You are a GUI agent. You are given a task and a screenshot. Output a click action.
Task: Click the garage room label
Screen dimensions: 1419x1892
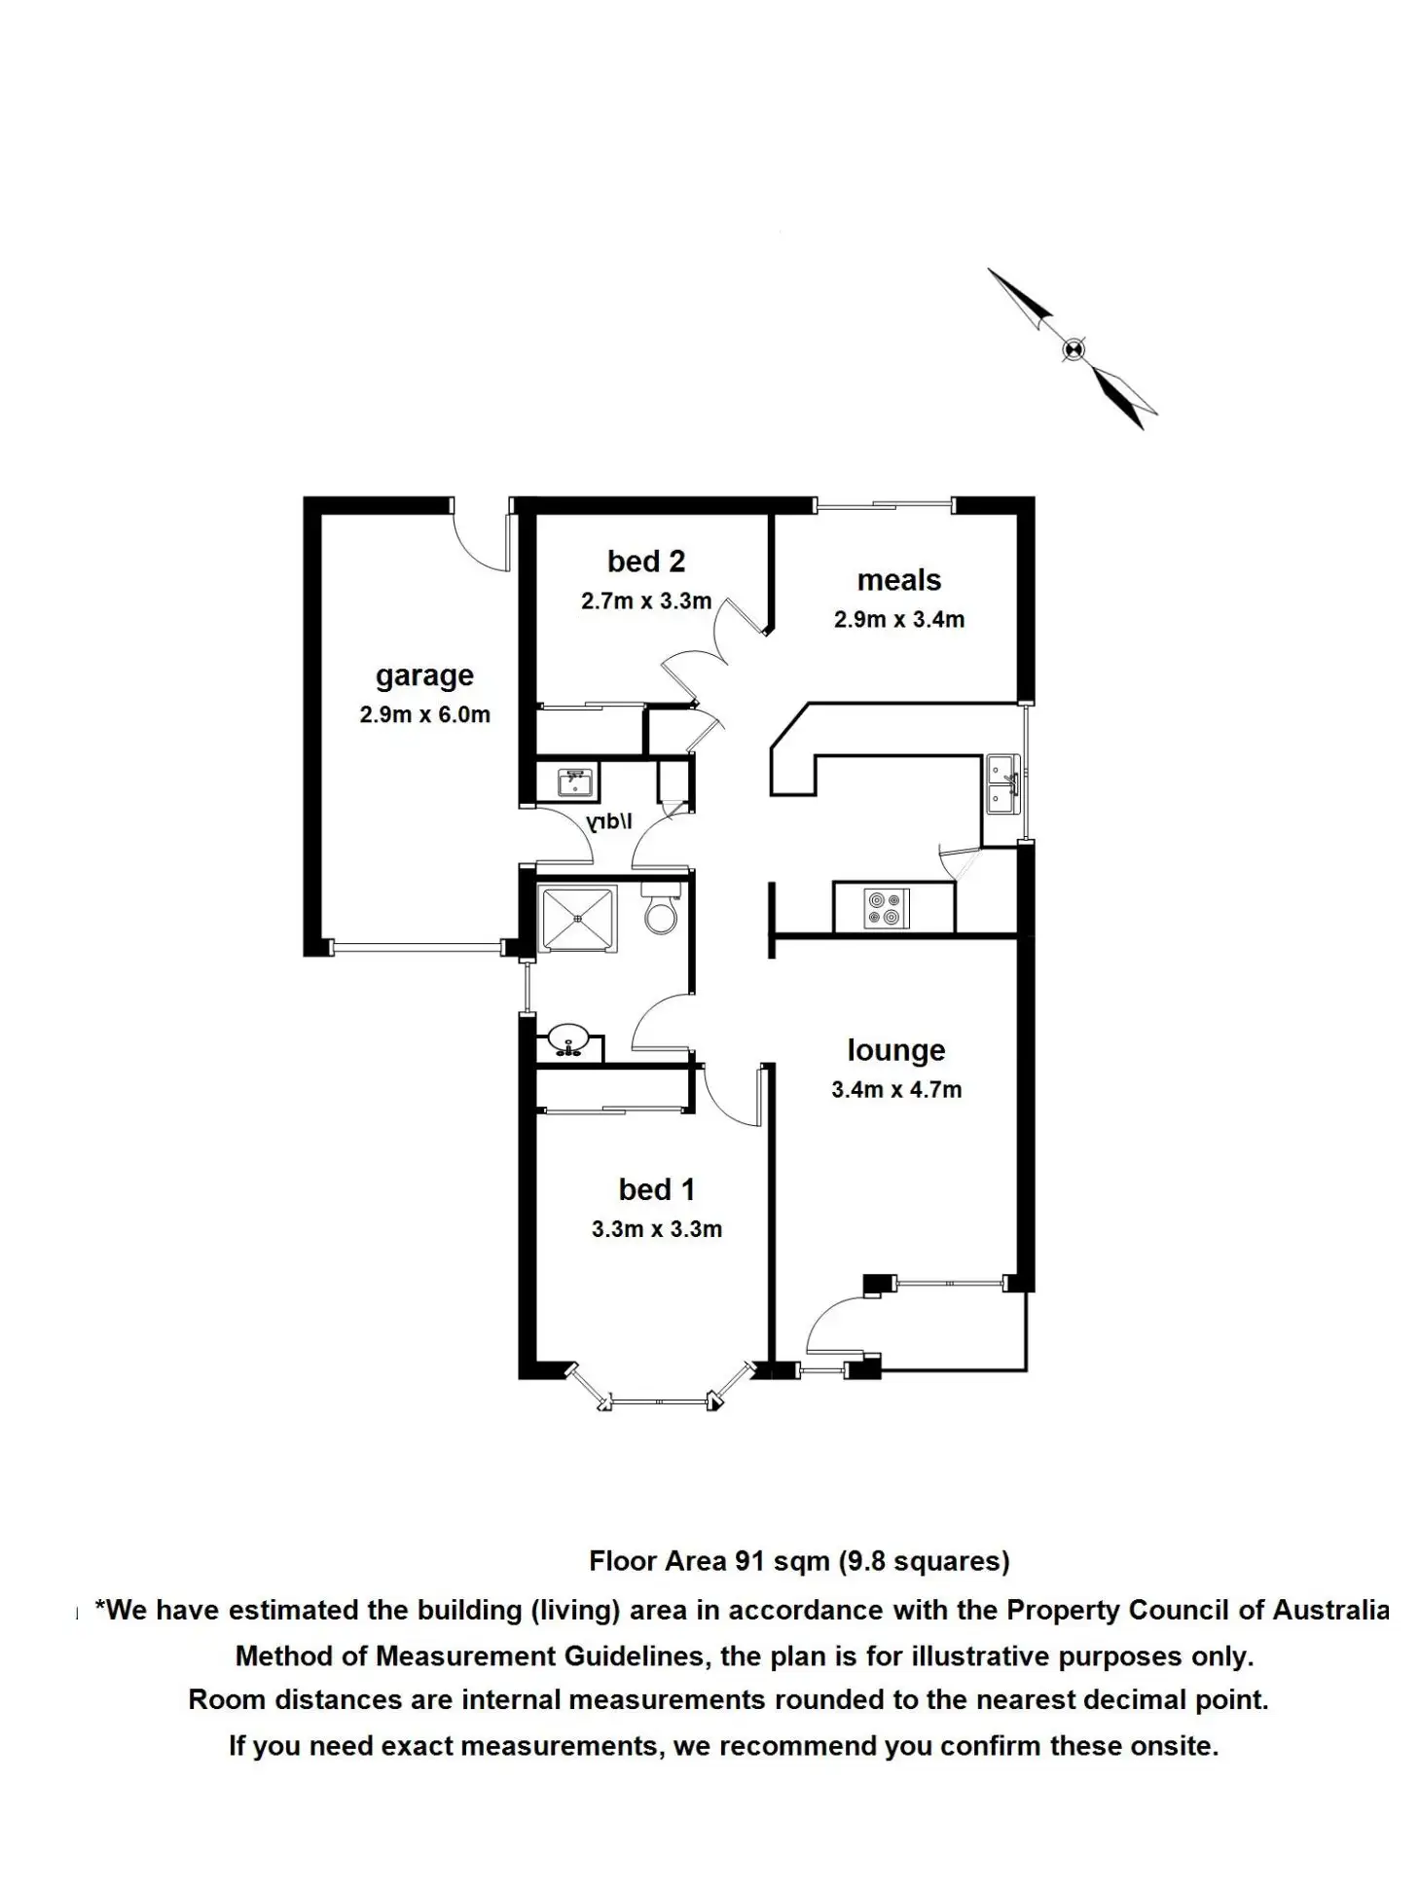pyautogui.click(x=424, y=675)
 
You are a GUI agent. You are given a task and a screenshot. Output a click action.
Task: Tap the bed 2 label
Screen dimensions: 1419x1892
pyautogui.click(x=645, y=562)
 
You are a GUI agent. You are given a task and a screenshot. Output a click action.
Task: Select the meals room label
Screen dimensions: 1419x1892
pyautogui.click(x=898, y=580)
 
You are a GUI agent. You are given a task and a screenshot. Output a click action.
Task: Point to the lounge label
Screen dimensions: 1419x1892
pyautogui.click(x=895, y=1050)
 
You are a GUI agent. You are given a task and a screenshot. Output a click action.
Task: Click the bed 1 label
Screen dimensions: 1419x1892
pyautogui.click(x=656, y=1189)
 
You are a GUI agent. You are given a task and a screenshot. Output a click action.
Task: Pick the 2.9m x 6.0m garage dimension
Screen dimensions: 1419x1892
pyautogui.click(x=424, y=714)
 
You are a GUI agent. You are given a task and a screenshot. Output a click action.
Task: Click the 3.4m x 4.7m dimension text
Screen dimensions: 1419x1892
pyautogui.click(x=895, y=1090)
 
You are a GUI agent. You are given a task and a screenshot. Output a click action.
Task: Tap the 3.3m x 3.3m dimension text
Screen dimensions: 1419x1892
pyautogui.click(x=656, y=1229)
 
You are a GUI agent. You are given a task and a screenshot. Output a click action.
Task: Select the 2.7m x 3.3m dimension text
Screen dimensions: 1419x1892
pyautogui.click(x=645, y=601)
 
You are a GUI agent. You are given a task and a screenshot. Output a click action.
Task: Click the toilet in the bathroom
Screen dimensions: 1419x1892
pyautogui.click(x=661, y=911)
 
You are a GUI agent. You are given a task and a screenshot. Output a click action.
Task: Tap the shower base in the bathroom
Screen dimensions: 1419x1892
pyautogui.click(x=577, y=917)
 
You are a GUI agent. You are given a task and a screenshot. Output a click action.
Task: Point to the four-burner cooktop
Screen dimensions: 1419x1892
pyautogui.click(x=887, y=908)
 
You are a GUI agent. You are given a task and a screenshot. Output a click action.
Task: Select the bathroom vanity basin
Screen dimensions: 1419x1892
pyautogui.click(x=567, y=1039)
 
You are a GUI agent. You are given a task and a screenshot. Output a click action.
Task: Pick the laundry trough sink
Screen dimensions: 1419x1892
pyautogui.click(x=574, y=782)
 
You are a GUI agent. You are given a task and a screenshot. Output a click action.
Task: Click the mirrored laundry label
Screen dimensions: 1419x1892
pyautogui.click(x=609, y=822)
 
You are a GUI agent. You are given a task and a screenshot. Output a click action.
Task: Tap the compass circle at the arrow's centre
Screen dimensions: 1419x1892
pyautogui.click(x=1073, y=348)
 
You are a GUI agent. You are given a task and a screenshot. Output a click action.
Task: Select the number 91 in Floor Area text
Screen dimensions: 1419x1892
pyautogui.click(x=748, y=1561)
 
